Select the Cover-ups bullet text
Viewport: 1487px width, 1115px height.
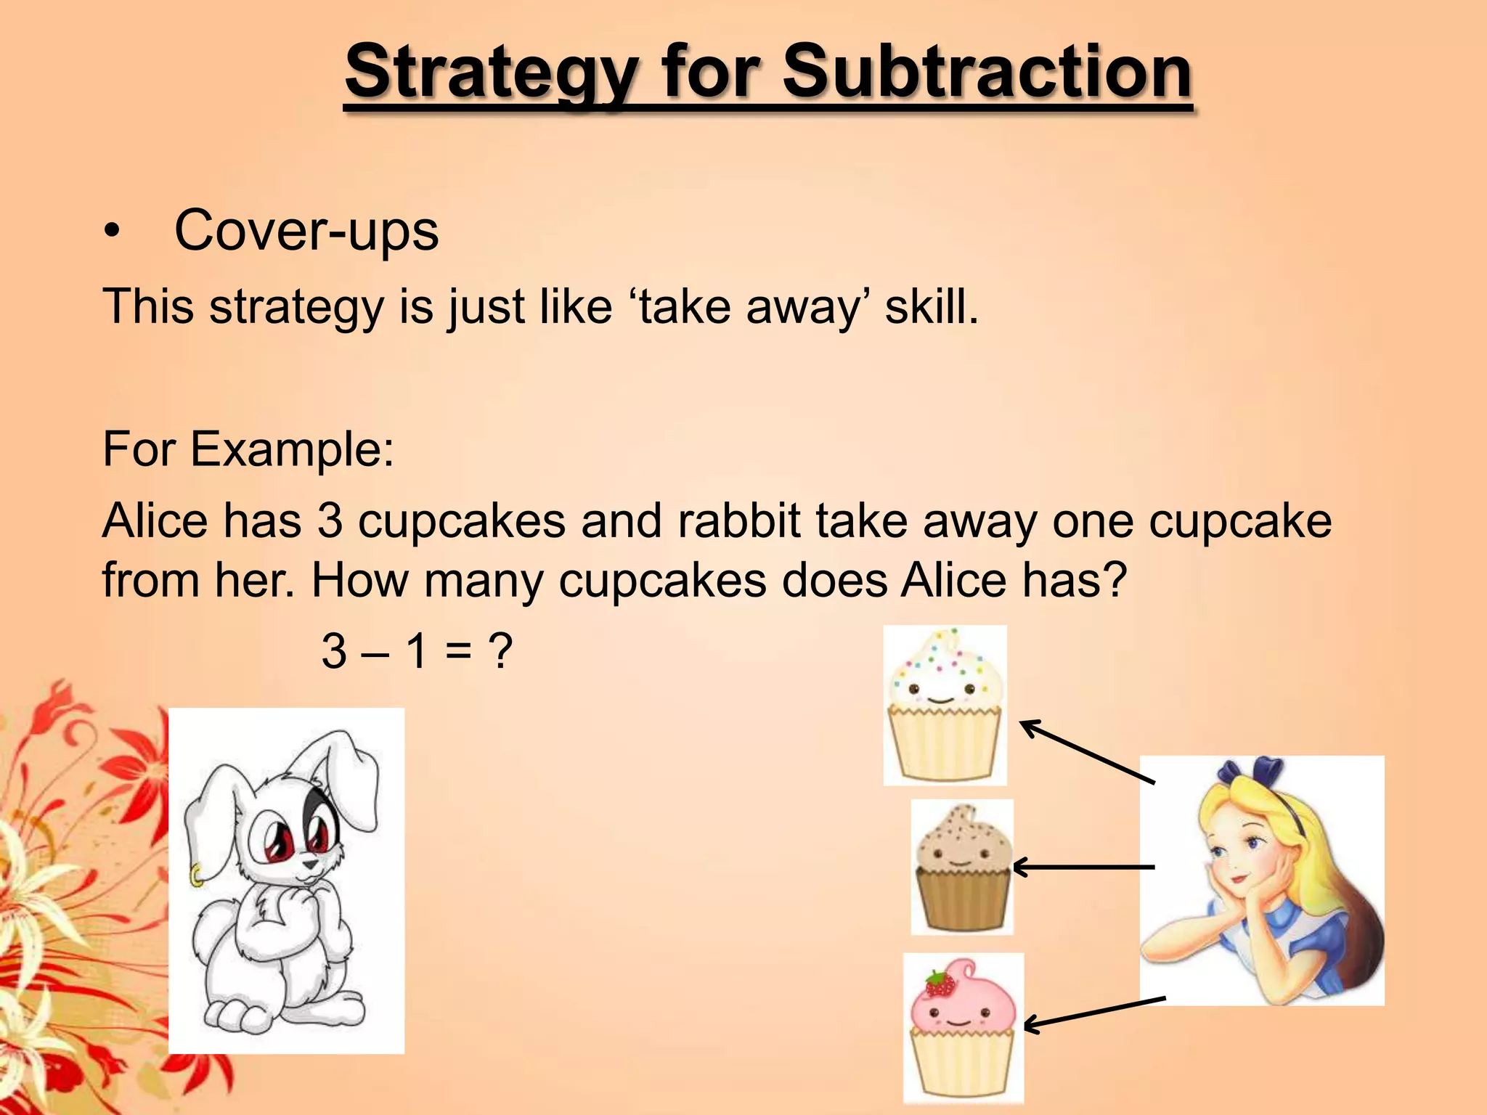click(306, 231)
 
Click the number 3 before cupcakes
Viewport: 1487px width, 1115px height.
click(330, 520)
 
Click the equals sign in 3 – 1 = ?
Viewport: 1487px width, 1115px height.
click(459, 651)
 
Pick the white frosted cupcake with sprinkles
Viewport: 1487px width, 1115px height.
click(945, 704)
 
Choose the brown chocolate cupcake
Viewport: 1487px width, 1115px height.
click(962, 867)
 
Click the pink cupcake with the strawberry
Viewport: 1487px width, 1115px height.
click(963, 1028)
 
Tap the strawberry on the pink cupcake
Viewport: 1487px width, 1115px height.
click(940, 984)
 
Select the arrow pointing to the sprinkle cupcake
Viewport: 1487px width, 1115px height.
click(1086, 751)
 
